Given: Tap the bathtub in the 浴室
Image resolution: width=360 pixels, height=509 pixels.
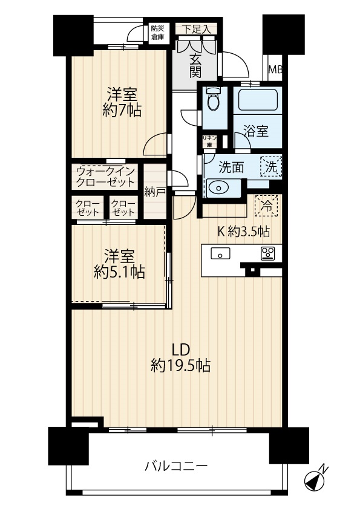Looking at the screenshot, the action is coord(258,100).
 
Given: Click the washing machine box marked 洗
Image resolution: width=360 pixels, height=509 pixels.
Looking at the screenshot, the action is coord(270,167).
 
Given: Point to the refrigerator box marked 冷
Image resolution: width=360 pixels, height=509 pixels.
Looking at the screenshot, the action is coord(266,206).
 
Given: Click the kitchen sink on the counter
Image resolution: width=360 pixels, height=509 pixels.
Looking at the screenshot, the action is coord(220,253).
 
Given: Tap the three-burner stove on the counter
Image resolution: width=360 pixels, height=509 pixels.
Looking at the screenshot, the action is coord(267,253).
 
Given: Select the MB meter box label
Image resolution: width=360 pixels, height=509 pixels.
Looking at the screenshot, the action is coord(275,70).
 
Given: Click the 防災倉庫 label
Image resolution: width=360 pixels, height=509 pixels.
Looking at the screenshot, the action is coord(157,33).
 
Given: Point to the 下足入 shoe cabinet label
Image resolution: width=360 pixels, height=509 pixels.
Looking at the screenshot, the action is coord(196,29).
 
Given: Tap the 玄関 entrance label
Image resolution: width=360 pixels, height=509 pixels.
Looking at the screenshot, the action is coord(195,66).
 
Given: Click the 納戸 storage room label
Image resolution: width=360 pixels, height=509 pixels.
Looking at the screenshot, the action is coord(155,192).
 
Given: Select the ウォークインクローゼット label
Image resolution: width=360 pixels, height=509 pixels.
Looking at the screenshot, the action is coord(105,177).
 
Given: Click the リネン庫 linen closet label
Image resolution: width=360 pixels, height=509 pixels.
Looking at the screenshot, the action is coord(209,141).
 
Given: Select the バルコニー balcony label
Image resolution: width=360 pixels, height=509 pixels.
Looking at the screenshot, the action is coord(176,467).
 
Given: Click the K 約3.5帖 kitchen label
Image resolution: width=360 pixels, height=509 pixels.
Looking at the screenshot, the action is coord(243,231).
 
